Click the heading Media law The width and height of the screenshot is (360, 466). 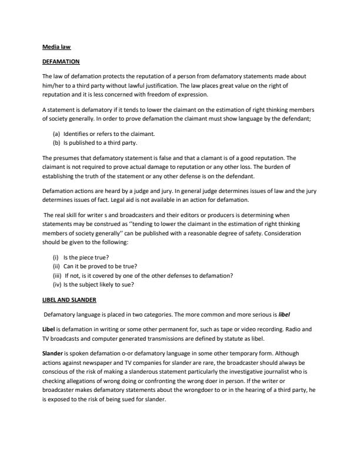56,46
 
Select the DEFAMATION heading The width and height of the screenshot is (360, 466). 61,61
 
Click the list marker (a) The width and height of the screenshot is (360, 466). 56,134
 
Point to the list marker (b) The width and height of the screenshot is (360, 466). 56,142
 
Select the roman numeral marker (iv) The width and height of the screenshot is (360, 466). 57,285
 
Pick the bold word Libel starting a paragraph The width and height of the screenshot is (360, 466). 49,329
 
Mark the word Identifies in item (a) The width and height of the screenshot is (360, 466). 82,134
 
